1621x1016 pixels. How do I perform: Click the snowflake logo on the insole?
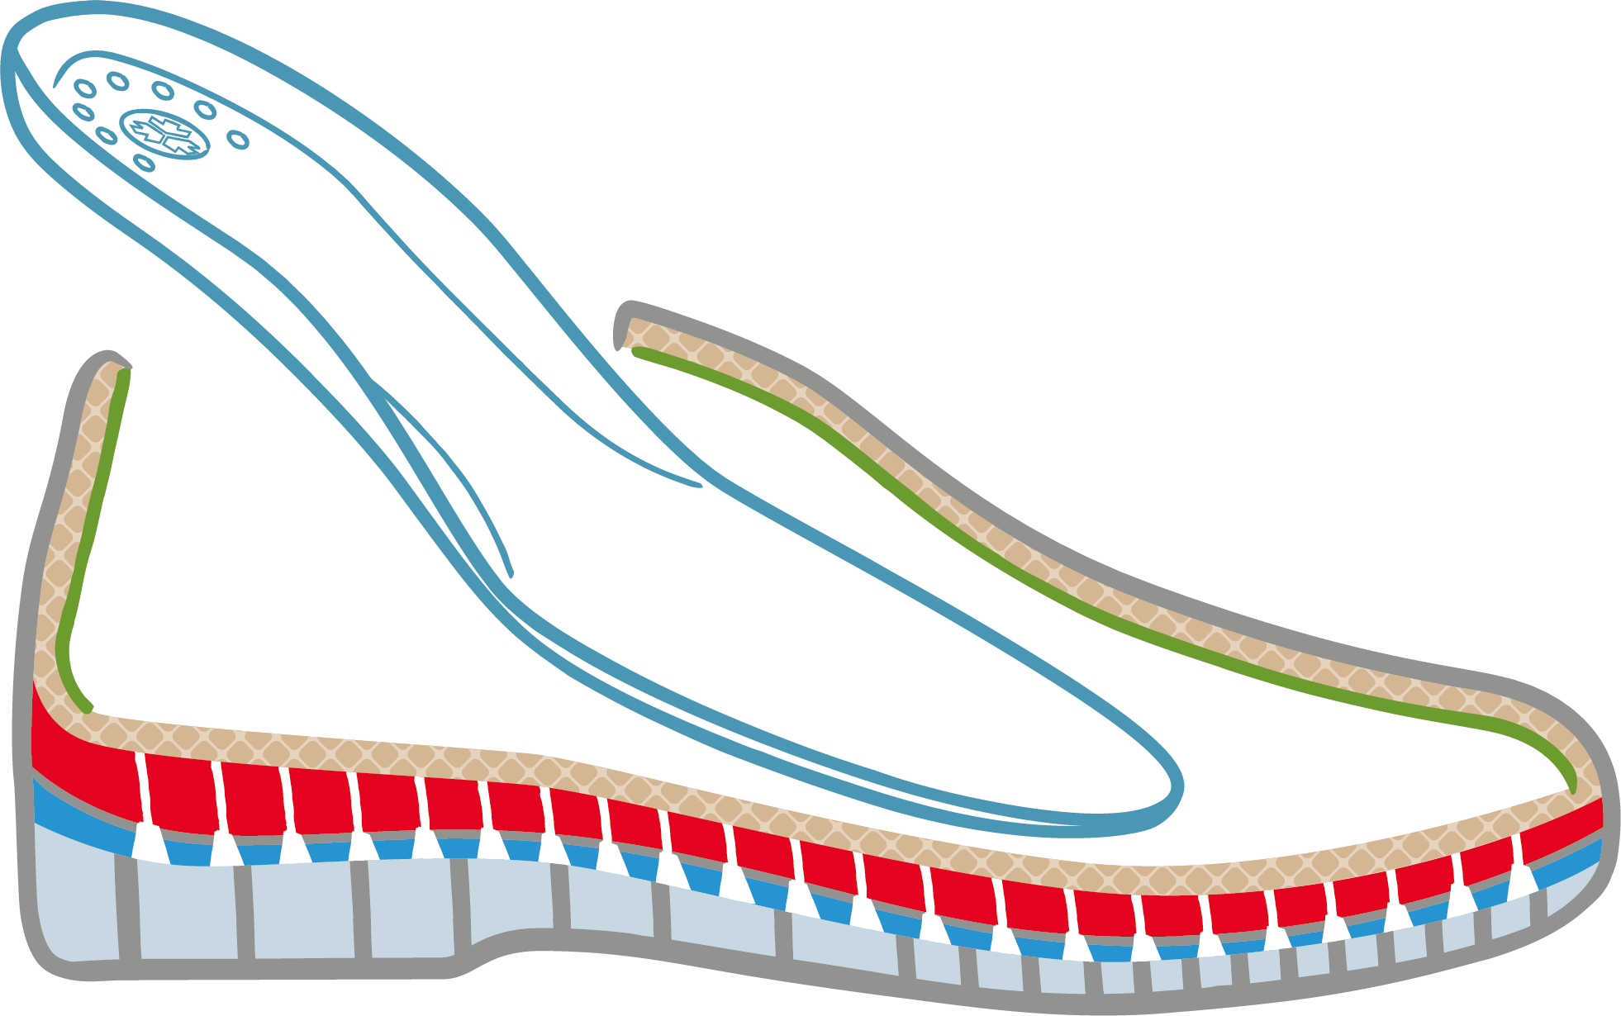pos(164,134)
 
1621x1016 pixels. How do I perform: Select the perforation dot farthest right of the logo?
pos(239,140)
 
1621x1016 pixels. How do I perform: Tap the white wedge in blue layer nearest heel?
pos(149,843)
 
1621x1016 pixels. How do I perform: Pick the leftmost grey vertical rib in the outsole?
pos(126,909)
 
